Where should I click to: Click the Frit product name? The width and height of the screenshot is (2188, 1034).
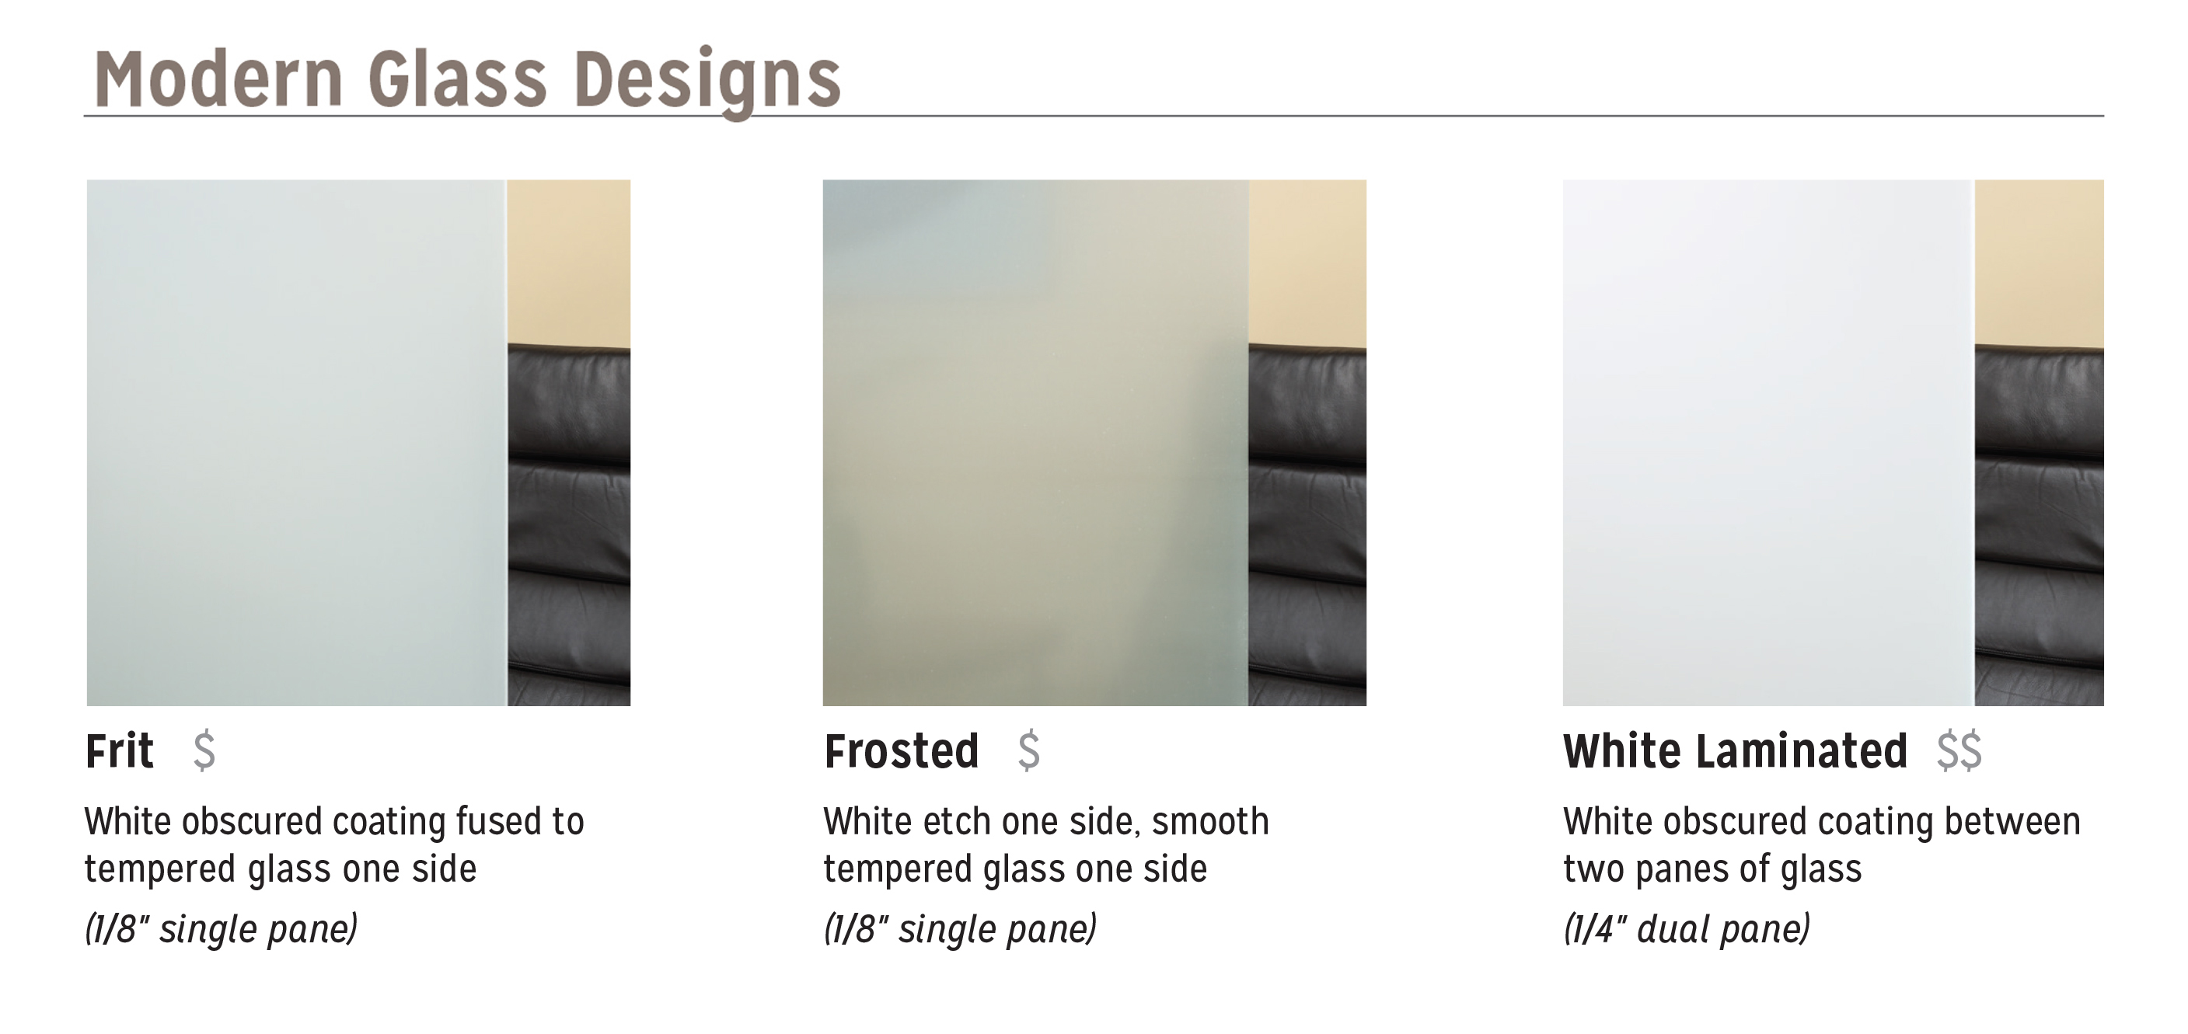click(120, 750)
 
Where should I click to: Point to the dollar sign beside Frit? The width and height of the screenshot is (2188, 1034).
click(204, 750)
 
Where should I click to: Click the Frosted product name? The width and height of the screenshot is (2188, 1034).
click(901, 750)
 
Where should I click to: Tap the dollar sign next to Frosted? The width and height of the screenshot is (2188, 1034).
click(1028, 750)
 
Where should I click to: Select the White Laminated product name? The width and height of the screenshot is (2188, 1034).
click(1736, 750)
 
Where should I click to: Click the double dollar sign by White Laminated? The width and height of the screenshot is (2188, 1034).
click(1959, 750)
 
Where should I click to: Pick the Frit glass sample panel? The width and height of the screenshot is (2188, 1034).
click(296, 442)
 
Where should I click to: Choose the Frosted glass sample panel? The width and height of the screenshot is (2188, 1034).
click(1035, 442)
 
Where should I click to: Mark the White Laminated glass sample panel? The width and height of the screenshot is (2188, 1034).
click(1767, 442)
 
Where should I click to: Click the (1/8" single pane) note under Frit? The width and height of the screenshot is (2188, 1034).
click(221, 928)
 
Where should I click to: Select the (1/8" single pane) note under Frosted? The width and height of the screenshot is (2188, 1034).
click(960, 928)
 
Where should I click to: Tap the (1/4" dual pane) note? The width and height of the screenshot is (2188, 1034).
click(1686, 928)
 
